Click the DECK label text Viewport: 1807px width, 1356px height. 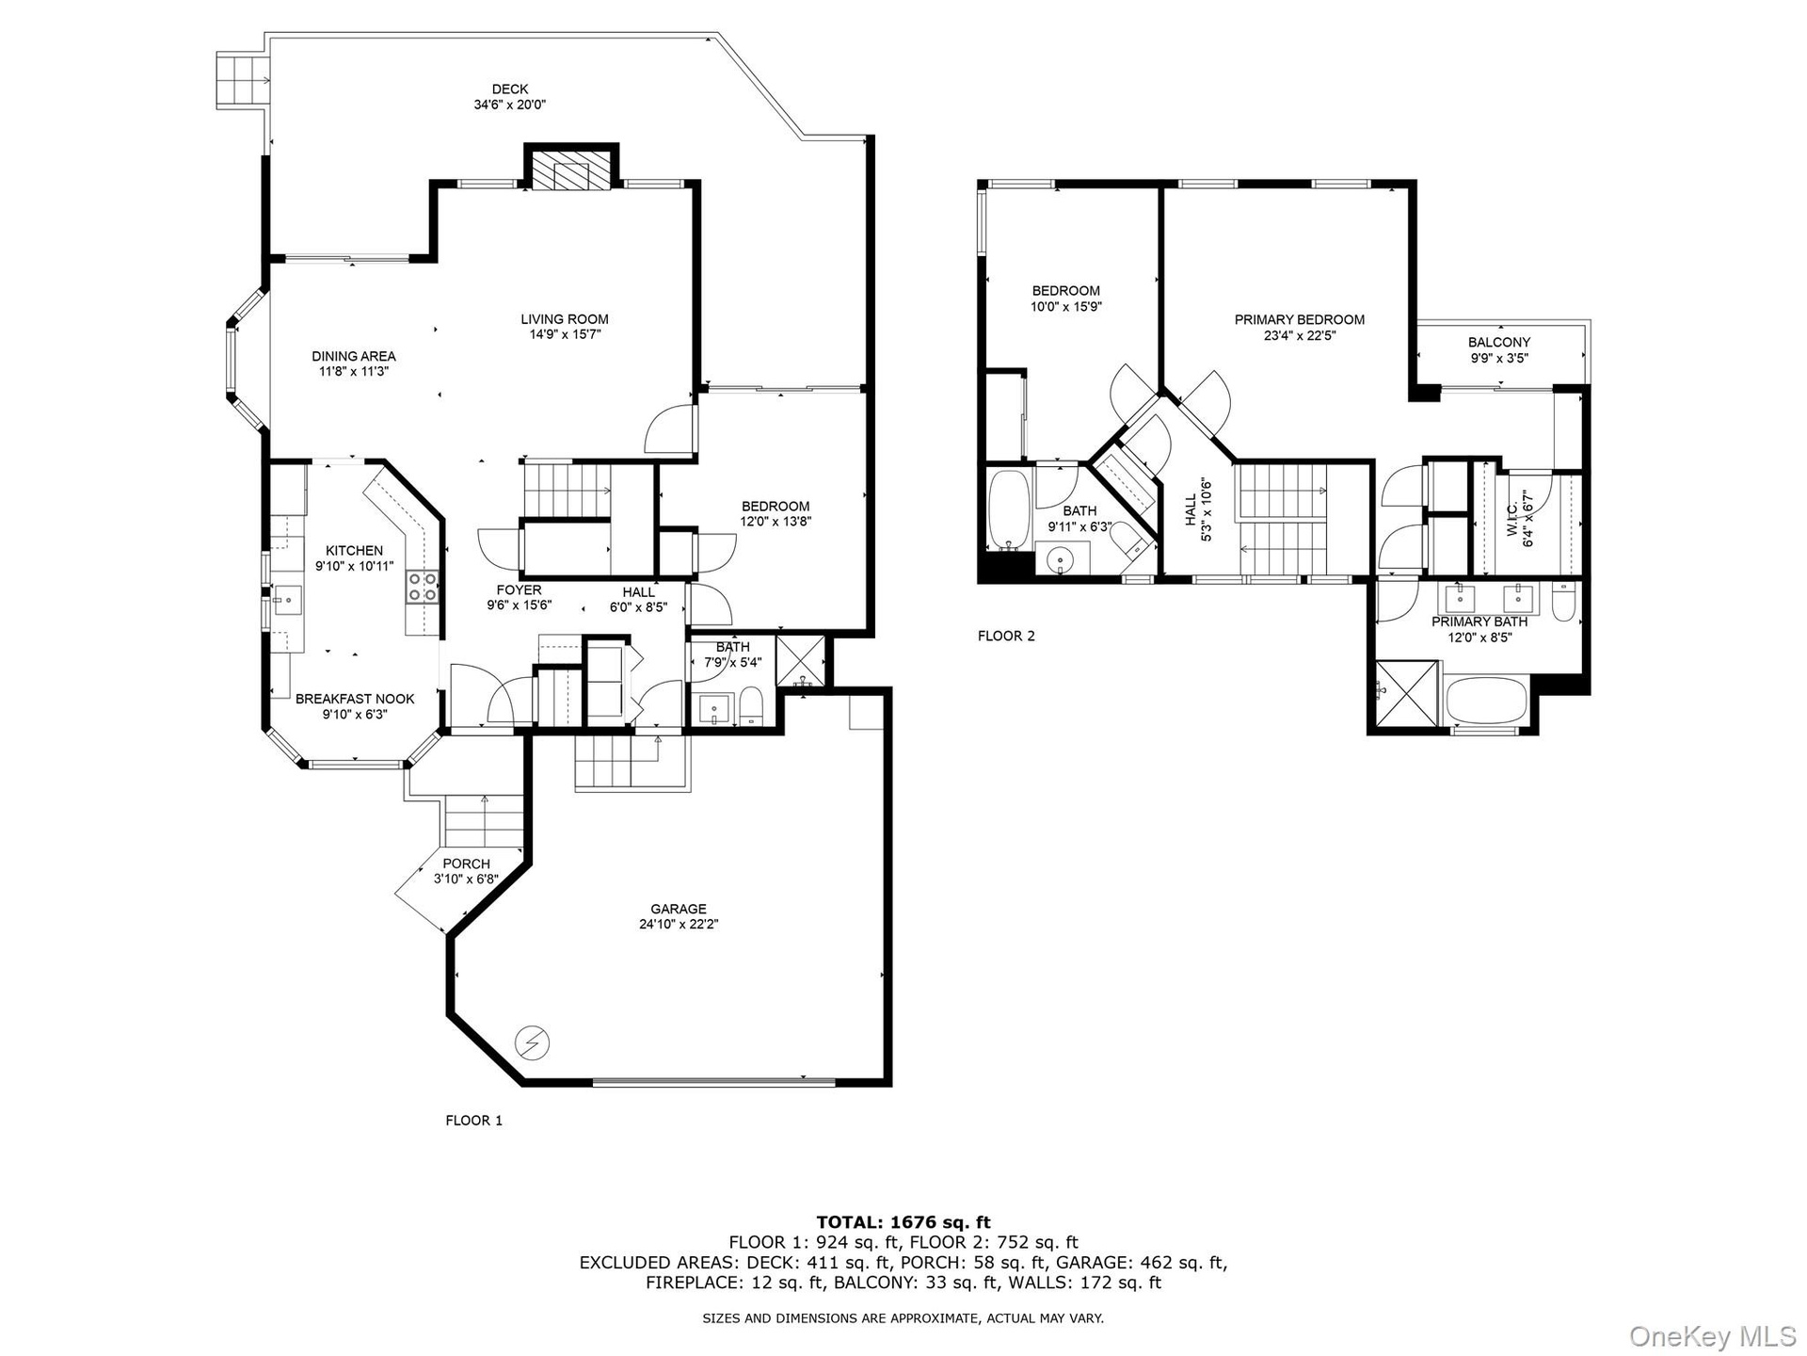pos(510,89)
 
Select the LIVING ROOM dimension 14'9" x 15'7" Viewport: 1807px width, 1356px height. pos(565,334)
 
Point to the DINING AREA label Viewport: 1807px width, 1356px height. pos(354,356)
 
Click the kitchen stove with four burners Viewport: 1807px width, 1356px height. pos(423,587)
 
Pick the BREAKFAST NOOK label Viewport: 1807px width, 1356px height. pos(355,699)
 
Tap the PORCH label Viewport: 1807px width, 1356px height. pos(466,864)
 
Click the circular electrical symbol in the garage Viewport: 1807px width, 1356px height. pos(532,1042)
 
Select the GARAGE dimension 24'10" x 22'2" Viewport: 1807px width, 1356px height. pos(679,924)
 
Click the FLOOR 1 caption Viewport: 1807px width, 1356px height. pos(474,1121)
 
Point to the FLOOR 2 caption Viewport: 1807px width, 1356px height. pos(1006,636)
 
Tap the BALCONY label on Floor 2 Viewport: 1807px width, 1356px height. pos(1499,342)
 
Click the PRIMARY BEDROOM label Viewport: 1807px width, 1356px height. pos(1300,319)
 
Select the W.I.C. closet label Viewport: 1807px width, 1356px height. pos(1512,519)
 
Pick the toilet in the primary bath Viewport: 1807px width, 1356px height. pos(1563,604)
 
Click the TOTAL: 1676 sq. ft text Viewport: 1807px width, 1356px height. pos(903,1222)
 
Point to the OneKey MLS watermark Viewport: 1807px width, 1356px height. pos(1713,1334)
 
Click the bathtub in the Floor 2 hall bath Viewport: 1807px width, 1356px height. pos(1009,510)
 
